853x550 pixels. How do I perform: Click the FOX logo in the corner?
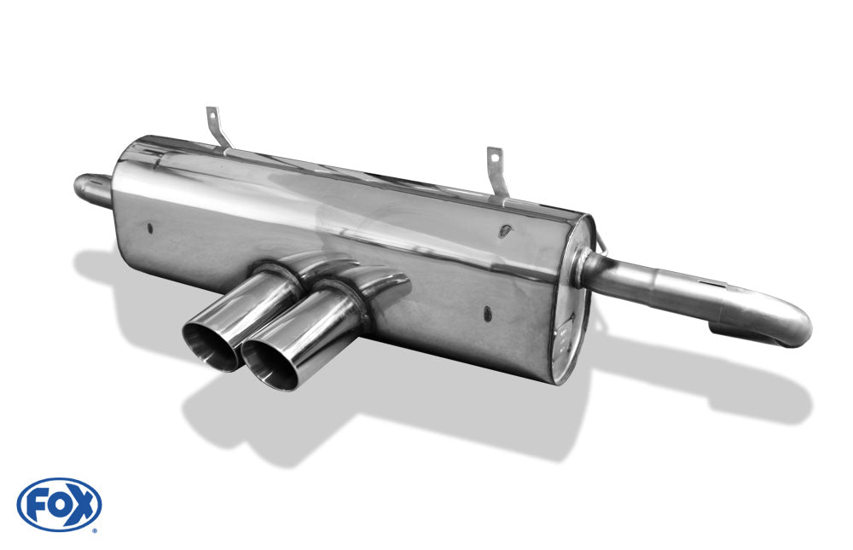tap(59, 504)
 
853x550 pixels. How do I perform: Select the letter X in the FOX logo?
tap(82, 504)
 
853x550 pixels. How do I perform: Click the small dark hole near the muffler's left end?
tap(150, 229)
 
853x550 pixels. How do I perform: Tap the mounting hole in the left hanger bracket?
tap(212, 115)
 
